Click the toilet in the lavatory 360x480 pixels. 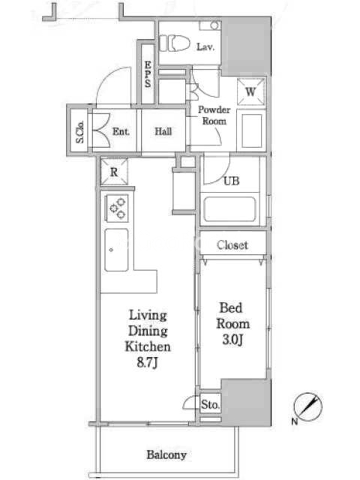coord(174,43)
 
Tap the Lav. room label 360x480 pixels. coord(205,47)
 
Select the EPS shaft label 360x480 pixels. coord(148,74)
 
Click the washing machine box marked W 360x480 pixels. coord(250,92)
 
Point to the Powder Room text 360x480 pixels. coord(214,115)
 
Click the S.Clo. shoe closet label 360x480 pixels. coord(80,132)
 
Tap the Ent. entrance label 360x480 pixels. coord(121,131)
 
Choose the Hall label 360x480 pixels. coord(163,131)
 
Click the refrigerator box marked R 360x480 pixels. coord(114,172)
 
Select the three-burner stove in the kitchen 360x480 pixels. coord(117,208)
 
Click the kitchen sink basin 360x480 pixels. coord(116,250)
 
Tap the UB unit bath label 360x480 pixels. coord(232,181)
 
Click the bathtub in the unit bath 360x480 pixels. coord(230,209)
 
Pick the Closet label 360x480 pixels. coord(232,245)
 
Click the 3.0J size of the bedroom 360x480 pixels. coord(233,340)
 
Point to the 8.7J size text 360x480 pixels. coord(147,362)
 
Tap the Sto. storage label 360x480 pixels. coord(210,404)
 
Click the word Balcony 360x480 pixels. coord(167,455)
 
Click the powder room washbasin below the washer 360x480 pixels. coord(251,131)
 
